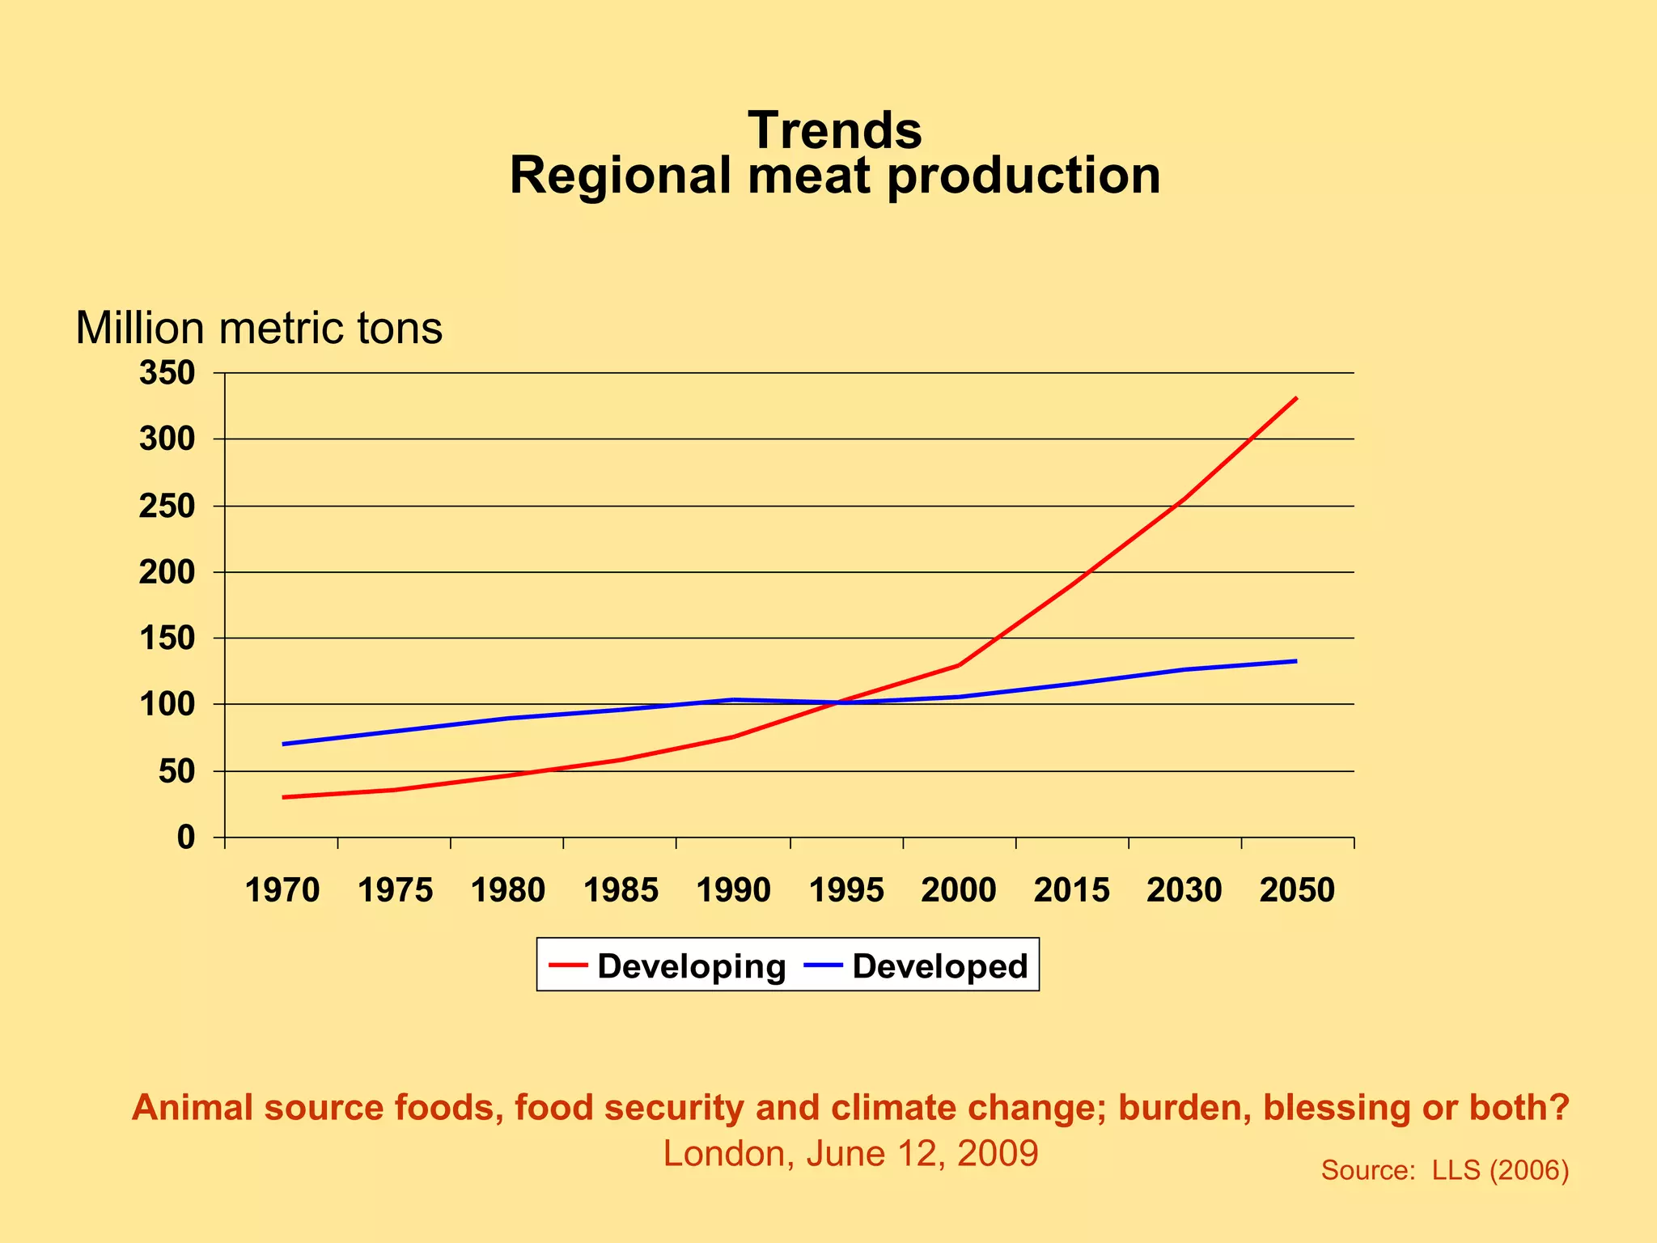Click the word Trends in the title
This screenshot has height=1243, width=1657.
point(834,130)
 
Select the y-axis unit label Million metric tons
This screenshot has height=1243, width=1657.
point(259,329)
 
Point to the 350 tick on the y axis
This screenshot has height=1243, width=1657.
point(167,374)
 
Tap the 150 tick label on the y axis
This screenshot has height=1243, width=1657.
point(167,638)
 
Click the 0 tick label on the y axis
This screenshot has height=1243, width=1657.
point(186,838)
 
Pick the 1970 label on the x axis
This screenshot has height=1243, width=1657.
point(282,890)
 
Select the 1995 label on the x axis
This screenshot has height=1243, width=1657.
point(846,890)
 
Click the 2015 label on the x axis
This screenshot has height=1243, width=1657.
point(1072,890)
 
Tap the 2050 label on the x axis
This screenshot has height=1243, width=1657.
point(1297,890)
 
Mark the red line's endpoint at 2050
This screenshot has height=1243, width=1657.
point(1296,398)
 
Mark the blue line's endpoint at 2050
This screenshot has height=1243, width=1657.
point(1296,661)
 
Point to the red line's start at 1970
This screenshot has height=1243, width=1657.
point(283,797)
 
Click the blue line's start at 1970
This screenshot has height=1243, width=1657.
point(283,744)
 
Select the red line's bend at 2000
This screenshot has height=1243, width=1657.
point(959,665)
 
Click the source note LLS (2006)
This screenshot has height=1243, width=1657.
point(1444,1170)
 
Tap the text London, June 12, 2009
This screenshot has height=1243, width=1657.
point(850,1153)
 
